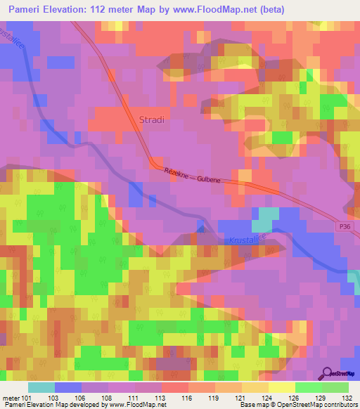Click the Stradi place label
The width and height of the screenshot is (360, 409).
pos(152,119)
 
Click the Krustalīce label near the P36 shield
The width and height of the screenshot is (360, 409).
pos(247,240)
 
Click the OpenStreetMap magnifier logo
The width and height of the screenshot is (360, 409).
pos(328,375)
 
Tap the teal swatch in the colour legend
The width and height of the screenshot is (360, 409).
pos(41,387)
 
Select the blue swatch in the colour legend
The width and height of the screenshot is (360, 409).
pos(67,387)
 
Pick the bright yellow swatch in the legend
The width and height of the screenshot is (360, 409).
pos(281,387)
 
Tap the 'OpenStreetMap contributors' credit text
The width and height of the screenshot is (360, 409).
pos(320,405)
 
